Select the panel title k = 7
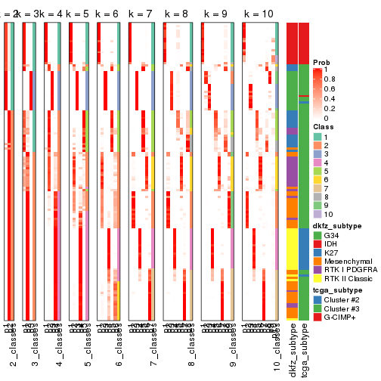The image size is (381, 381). [x=141, y=14]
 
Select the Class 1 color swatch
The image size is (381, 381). [x=318, y=136]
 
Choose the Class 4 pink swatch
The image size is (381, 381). [x=318, y=163]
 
